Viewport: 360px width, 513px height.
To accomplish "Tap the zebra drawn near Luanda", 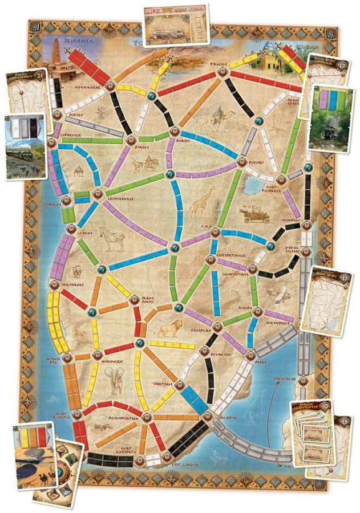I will pyautogui.click(x=110, y=236).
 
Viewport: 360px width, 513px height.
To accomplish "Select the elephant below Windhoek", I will pyautogui.click(x=116, y=380).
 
